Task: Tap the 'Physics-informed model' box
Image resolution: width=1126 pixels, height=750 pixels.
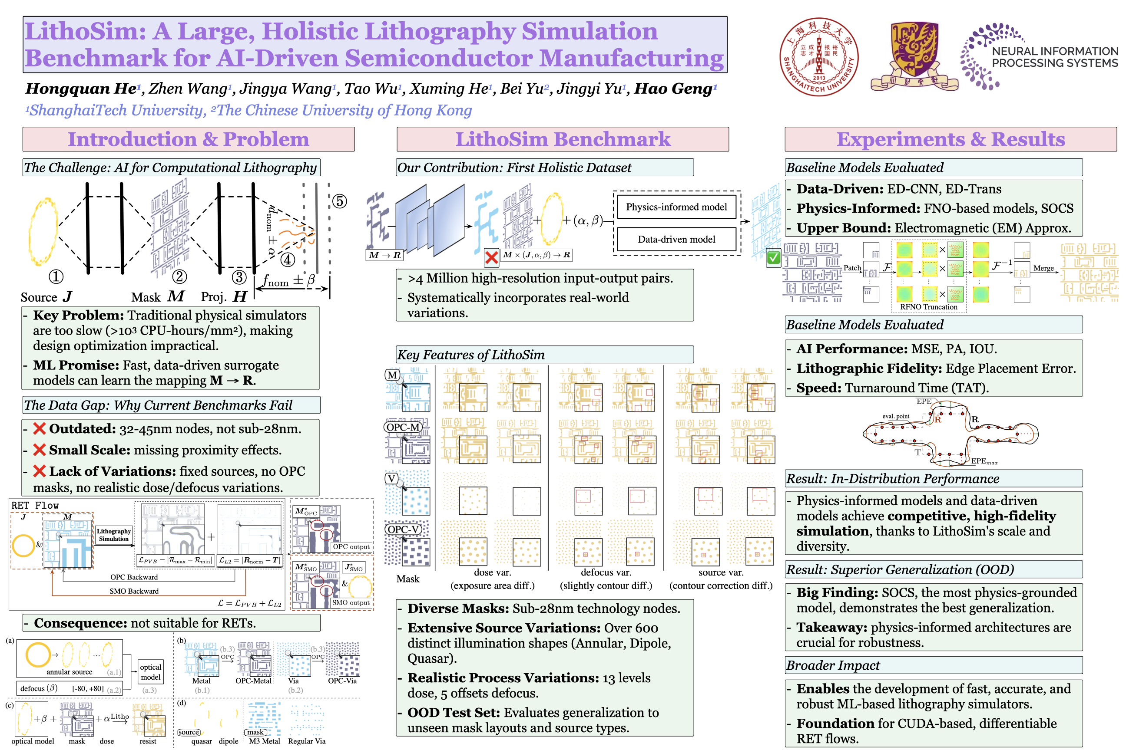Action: [676, 207]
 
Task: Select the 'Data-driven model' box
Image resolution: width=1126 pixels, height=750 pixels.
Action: [676, 239]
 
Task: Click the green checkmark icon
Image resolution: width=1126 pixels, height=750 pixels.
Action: [773, 258]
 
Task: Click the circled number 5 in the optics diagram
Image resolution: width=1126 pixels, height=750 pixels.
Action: [339, 201]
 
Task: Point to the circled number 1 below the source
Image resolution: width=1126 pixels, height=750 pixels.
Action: [56, 276]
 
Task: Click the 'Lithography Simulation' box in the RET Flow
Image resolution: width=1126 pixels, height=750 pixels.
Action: [113, 535]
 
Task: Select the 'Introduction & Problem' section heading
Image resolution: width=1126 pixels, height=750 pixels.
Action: [188, 139]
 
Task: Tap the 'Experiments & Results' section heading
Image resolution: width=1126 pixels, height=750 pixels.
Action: [950, 139]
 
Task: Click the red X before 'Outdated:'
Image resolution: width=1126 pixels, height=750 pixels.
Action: [39, 428]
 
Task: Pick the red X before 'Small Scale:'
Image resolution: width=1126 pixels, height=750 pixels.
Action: [39, 450]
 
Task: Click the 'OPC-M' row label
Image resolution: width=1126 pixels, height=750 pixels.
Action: [403, 427]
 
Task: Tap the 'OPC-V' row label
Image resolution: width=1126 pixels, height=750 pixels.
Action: [403, 530]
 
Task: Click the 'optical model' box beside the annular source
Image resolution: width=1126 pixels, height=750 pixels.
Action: [150, 672]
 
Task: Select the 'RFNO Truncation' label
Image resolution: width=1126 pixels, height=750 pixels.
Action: [928, 307]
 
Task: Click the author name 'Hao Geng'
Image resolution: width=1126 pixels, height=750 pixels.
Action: [672, 89]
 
